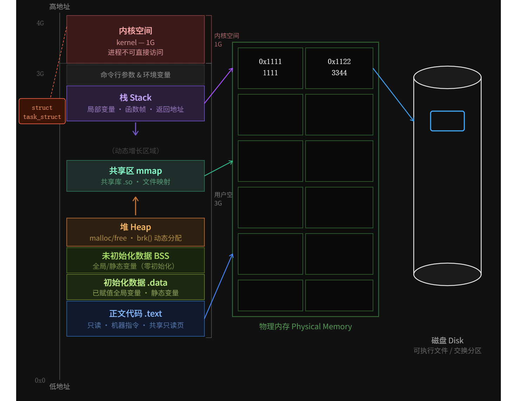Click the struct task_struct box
tap(42, 111)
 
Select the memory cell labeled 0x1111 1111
tap(270, 68)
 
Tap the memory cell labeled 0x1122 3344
tap(339, 68)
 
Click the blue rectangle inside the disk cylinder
tap(447, 121)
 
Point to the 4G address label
tap(40, 23)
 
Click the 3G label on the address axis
tap(40, 74)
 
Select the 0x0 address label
tap(40, 380)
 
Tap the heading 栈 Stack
tap(135, 97)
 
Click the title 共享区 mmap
tap(135, 171)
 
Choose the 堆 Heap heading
tap(135, 227)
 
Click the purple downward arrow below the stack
tap(135, 129)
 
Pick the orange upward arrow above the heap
tap(135, 206)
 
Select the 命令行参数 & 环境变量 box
tap(135, 75)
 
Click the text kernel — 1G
tap(135, 43)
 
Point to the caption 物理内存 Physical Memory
tap(305, 326)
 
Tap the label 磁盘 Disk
tap(447, 340)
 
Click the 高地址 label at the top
tap(59, 7)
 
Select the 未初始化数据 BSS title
tap(135, 256)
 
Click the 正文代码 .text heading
tap(135, 313)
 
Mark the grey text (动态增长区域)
tap(135, 151)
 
